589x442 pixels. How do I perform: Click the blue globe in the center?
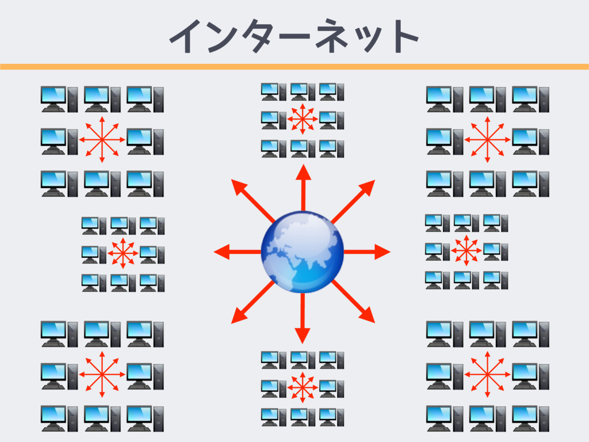tap(302, 252)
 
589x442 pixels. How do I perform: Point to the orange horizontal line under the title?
tap(294, 67)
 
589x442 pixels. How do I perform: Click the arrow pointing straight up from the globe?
tap(303, 187)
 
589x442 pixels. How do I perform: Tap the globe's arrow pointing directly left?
tap(236, 252)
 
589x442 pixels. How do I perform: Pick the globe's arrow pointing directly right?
tap(368, 252)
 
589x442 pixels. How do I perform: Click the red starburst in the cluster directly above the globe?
tap(303, 119)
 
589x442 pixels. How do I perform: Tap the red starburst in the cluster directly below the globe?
tap(303, 387)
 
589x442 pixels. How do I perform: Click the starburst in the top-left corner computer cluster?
tap(102, 139)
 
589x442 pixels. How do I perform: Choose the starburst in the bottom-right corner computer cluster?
tap(487, 374)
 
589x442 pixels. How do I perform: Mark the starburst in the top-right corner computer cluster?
tap(487, 139)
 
